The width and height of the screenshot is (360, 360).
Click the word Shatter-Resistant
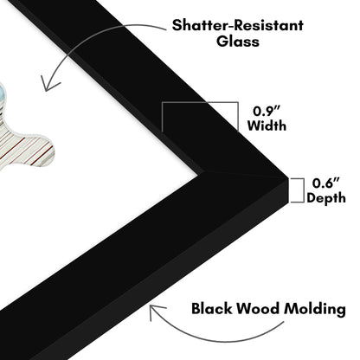237,25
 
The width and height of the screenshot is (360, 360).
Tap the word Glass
238,42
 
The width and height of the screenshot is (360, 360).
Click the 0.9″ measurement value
267,111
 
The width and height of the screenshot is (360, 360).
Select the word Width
267,125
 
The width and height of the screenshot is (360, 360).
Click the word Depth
326,198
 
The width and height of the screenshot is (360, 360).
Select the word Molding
315,309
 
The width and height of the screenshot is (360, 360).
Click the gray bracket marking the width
200,103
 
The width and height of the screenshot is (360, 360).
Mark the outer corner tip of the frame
288,178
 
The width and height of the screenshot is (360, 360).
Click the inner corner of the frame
203,172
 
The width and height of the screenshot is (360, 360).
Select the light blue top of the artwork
3,95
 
